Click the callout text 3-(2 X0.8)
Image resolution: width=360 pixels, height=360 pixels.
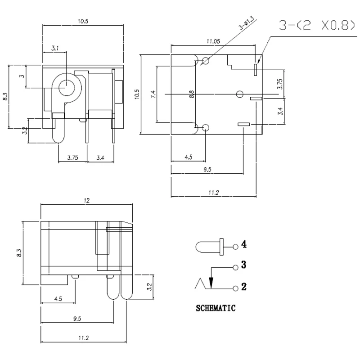click(x=317, y=26)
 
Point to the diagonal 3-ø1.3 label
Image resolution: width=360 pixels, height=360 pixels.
click(x=247, y=23)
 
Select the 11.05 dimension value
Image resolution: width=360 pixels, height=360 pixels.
click(x=213, y=41)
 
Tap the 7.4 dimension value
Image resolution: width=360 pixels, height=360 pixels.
click(x=153, y=94)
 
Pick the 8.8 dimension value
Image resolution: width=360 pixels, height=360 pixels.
click(x=192, y=94)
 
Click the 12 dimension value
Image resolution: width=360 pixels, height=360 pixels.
click(x=86, y=201)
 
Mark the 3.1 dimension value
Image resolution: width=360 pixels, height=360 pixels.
click(x=55, y=48)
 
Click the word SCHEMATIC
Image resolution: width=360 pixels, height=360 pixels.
click(x=216, y=308)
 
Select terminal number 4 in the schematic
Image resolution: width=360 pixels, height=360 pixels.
click(x=244, y=244)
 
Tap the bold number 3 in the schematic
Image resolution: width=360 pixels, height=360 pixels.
click(x=243, y=265)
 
